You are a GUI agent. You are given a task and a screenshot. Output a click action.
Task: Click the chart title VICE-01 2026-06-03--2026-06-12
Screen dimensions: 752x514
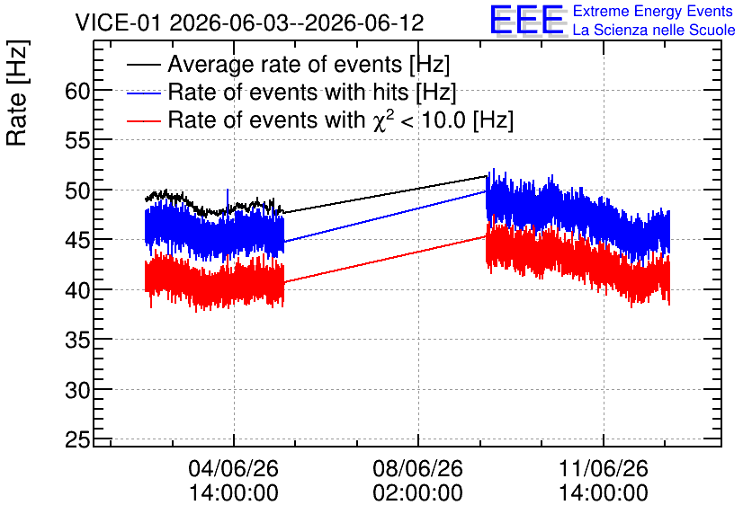pyautogui.click(x=249, y=22)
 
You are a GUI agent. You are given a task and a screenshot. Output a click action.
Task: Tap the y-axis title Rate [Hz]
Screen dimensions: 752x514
pyautogui.click(x=17, y=93)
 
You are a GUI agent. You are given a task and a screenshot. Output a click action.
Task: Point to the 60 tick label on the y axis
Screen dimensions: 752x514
pyautogui.click(x=77, y=91)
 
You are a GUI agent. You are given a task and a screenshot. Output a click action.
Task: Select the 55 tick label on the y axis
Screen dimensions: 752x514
pyautogui.click(x=77, y=141)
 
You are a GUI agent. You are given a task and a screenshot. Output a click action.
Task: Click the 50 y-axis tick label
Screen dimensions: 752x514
pyautogui.click(x=77, y=191)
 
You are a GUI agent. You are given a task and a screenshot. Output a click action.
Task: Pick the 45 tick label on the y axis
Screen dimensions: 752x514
pyautogui.click(x=77, y=241)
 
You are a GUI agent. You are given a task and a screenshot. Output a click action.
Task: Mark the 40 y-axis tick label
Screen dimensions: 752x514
pyautogui.click(x=77, y=290)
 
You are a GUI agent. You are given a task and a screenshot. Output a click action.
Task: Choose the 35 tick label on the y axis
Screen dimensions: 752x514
pyautogui.click(x=77, y=340)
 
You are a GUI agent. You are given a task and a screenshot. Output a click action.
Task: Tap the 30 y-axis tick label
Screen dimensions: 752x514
pyautogui.click(x=77, y=390)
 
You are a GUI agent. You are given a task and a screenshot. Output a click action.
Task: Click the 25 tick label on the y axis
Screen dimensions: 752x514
pyautogui.click(x=77, y=439)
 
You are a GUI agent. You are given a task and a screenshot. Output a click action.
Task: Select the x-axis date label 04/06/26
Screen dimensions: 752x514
pyautogui.click(x=234, y=468)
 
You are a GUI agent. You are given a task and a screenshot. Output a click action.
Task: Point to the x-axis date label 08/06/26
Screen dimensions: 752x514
pyautogui.click(x=417, y=468)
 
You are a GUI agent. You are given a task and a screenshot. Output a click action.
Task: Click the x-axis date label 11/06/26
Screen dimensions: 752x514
pyautogui.click(x=604, y=468)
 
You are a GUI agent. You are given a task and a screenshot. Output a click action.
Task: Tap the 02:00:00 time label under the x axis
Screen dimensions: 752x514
pyautogui.click(x=417, y=492)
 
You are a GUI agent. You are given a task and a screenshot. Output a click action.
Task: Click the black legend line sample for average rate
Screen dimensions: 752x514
pyautogui.click(x=143, y=64)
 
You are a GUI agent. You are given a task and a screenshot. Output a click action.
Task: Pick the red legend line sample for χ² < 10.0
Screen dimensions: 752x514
pyautogui.click(x=143, y=120)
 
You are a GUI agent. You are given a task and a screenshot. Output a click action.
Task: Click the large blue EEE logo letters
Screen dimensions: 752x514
pyautogui.click(x=527, y=20)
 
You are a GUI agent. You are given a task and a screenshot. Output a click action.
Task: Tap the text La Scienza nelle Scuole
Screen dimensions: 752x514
pyautogui.click(x=654, y=30)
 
